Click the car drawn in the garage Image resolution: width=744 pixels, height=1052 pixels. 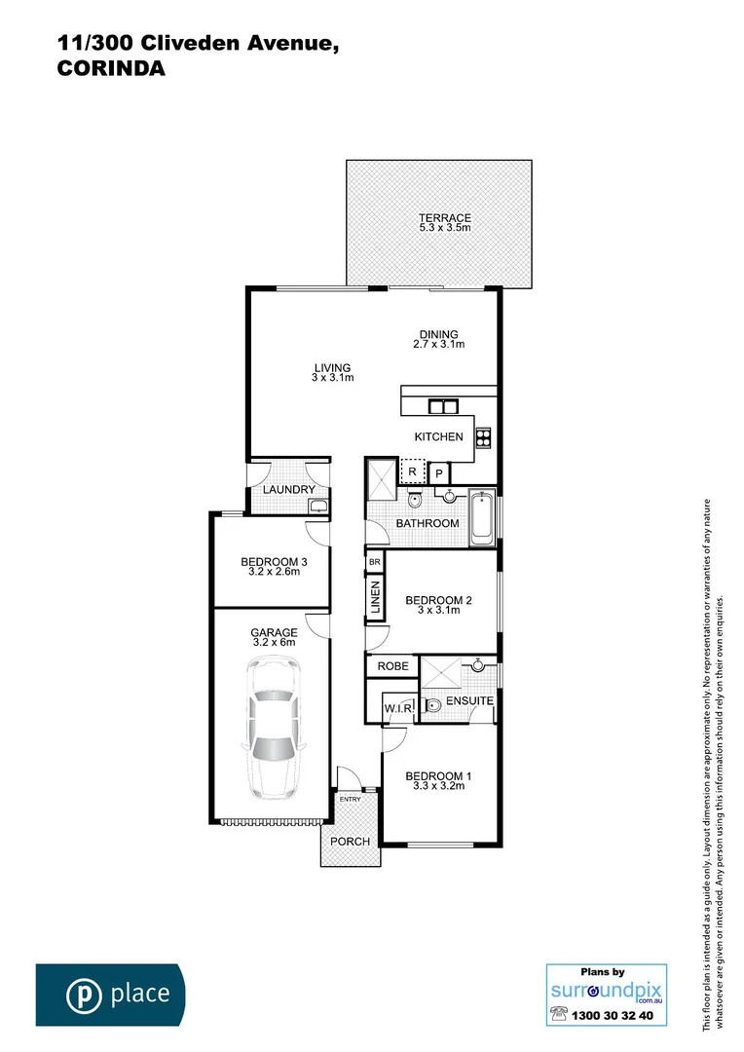(x=273, y=727)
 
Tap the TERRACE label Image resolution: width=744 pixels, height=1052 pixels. (x=444, y=218)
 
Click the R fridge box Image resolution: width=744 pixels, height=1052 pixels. (x=413, y=471)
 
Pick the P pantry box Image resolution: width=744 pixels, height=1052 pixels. (x=439, y=473)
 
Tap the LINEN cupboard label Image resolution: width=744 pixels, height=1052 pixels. (x=375, y=599)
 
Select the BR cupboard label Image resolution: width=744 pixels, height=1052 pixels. (x=374, y=563)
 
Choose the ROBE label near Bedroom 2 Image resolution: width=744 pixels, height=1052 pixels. (x=391, y=667)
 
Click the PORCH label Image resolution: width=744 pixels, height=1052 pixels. (x=350, y=842)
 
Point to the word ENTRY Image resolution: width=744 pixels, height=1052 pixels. (x=350, y=800)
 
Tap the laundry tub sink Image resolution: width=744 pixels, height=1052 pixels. (x=316, y=505)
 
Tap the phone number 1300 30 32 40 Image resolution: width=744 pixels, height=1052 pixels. (x=616, y=1015)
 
